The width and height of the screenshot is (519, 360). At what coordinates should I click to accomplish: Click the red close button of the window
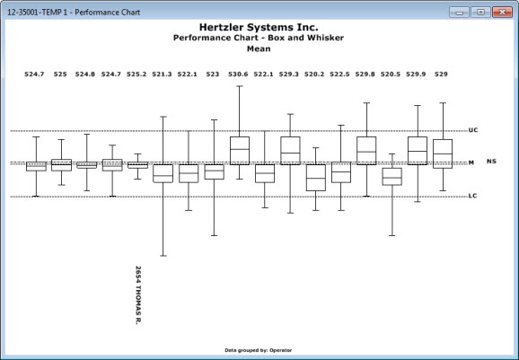pos(502,13)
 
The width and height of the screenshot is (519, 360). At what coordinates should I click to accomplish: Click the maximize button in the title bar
pos(481,13)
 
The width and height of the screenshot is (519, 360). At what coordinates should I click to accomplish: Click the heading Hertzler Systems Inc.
pos(259,27)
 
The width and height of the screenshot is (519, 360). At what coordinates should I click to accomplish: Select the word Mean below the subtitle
pos(259,48)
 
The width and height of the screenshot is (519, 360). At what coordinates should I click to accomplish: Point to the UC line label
pos(473,130)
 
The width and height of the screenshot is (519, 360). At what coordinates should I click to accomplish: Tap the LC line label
pos(472,196)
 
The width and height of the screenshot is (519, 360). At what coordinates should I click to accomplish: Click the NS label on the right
pos(491,161)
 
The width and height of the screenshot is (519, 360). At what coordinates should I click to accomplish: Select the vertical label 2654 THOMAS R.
pos(138,295)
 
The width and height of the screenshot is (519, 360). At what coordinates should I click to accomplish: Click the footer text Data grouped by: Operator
pos(259,350)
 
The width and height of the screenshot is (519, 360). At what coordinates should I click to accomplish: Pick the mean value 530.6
pos(238,75)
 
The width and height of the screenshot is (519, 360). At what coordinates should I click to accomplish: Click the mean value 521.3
pos(162,75)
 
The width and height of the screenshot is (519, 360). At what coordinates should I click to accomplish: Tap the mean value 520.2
pos(314,75)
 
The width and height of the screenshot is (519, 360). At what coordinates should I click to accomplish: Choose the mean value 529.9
pos(416,75)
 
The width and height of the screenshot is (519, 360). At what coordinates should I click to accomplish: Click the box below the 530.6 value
pos(240,151)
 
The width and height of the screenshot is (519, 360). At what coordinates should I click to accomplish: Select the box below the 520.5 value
pos(391,176)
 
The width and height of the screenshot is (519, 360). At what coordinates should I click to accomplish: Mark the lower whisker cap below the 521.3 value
pos(163,256)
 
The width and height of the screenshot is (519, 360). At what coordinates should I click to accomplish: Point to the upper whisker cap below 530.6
pos(240,86)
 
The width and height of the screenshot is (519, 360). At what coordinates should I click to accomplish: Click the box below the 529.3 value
pos(290,151)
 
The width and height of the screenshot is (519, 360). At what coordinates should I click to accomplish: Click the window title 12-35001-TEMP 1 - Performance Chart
pos(74,13)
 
